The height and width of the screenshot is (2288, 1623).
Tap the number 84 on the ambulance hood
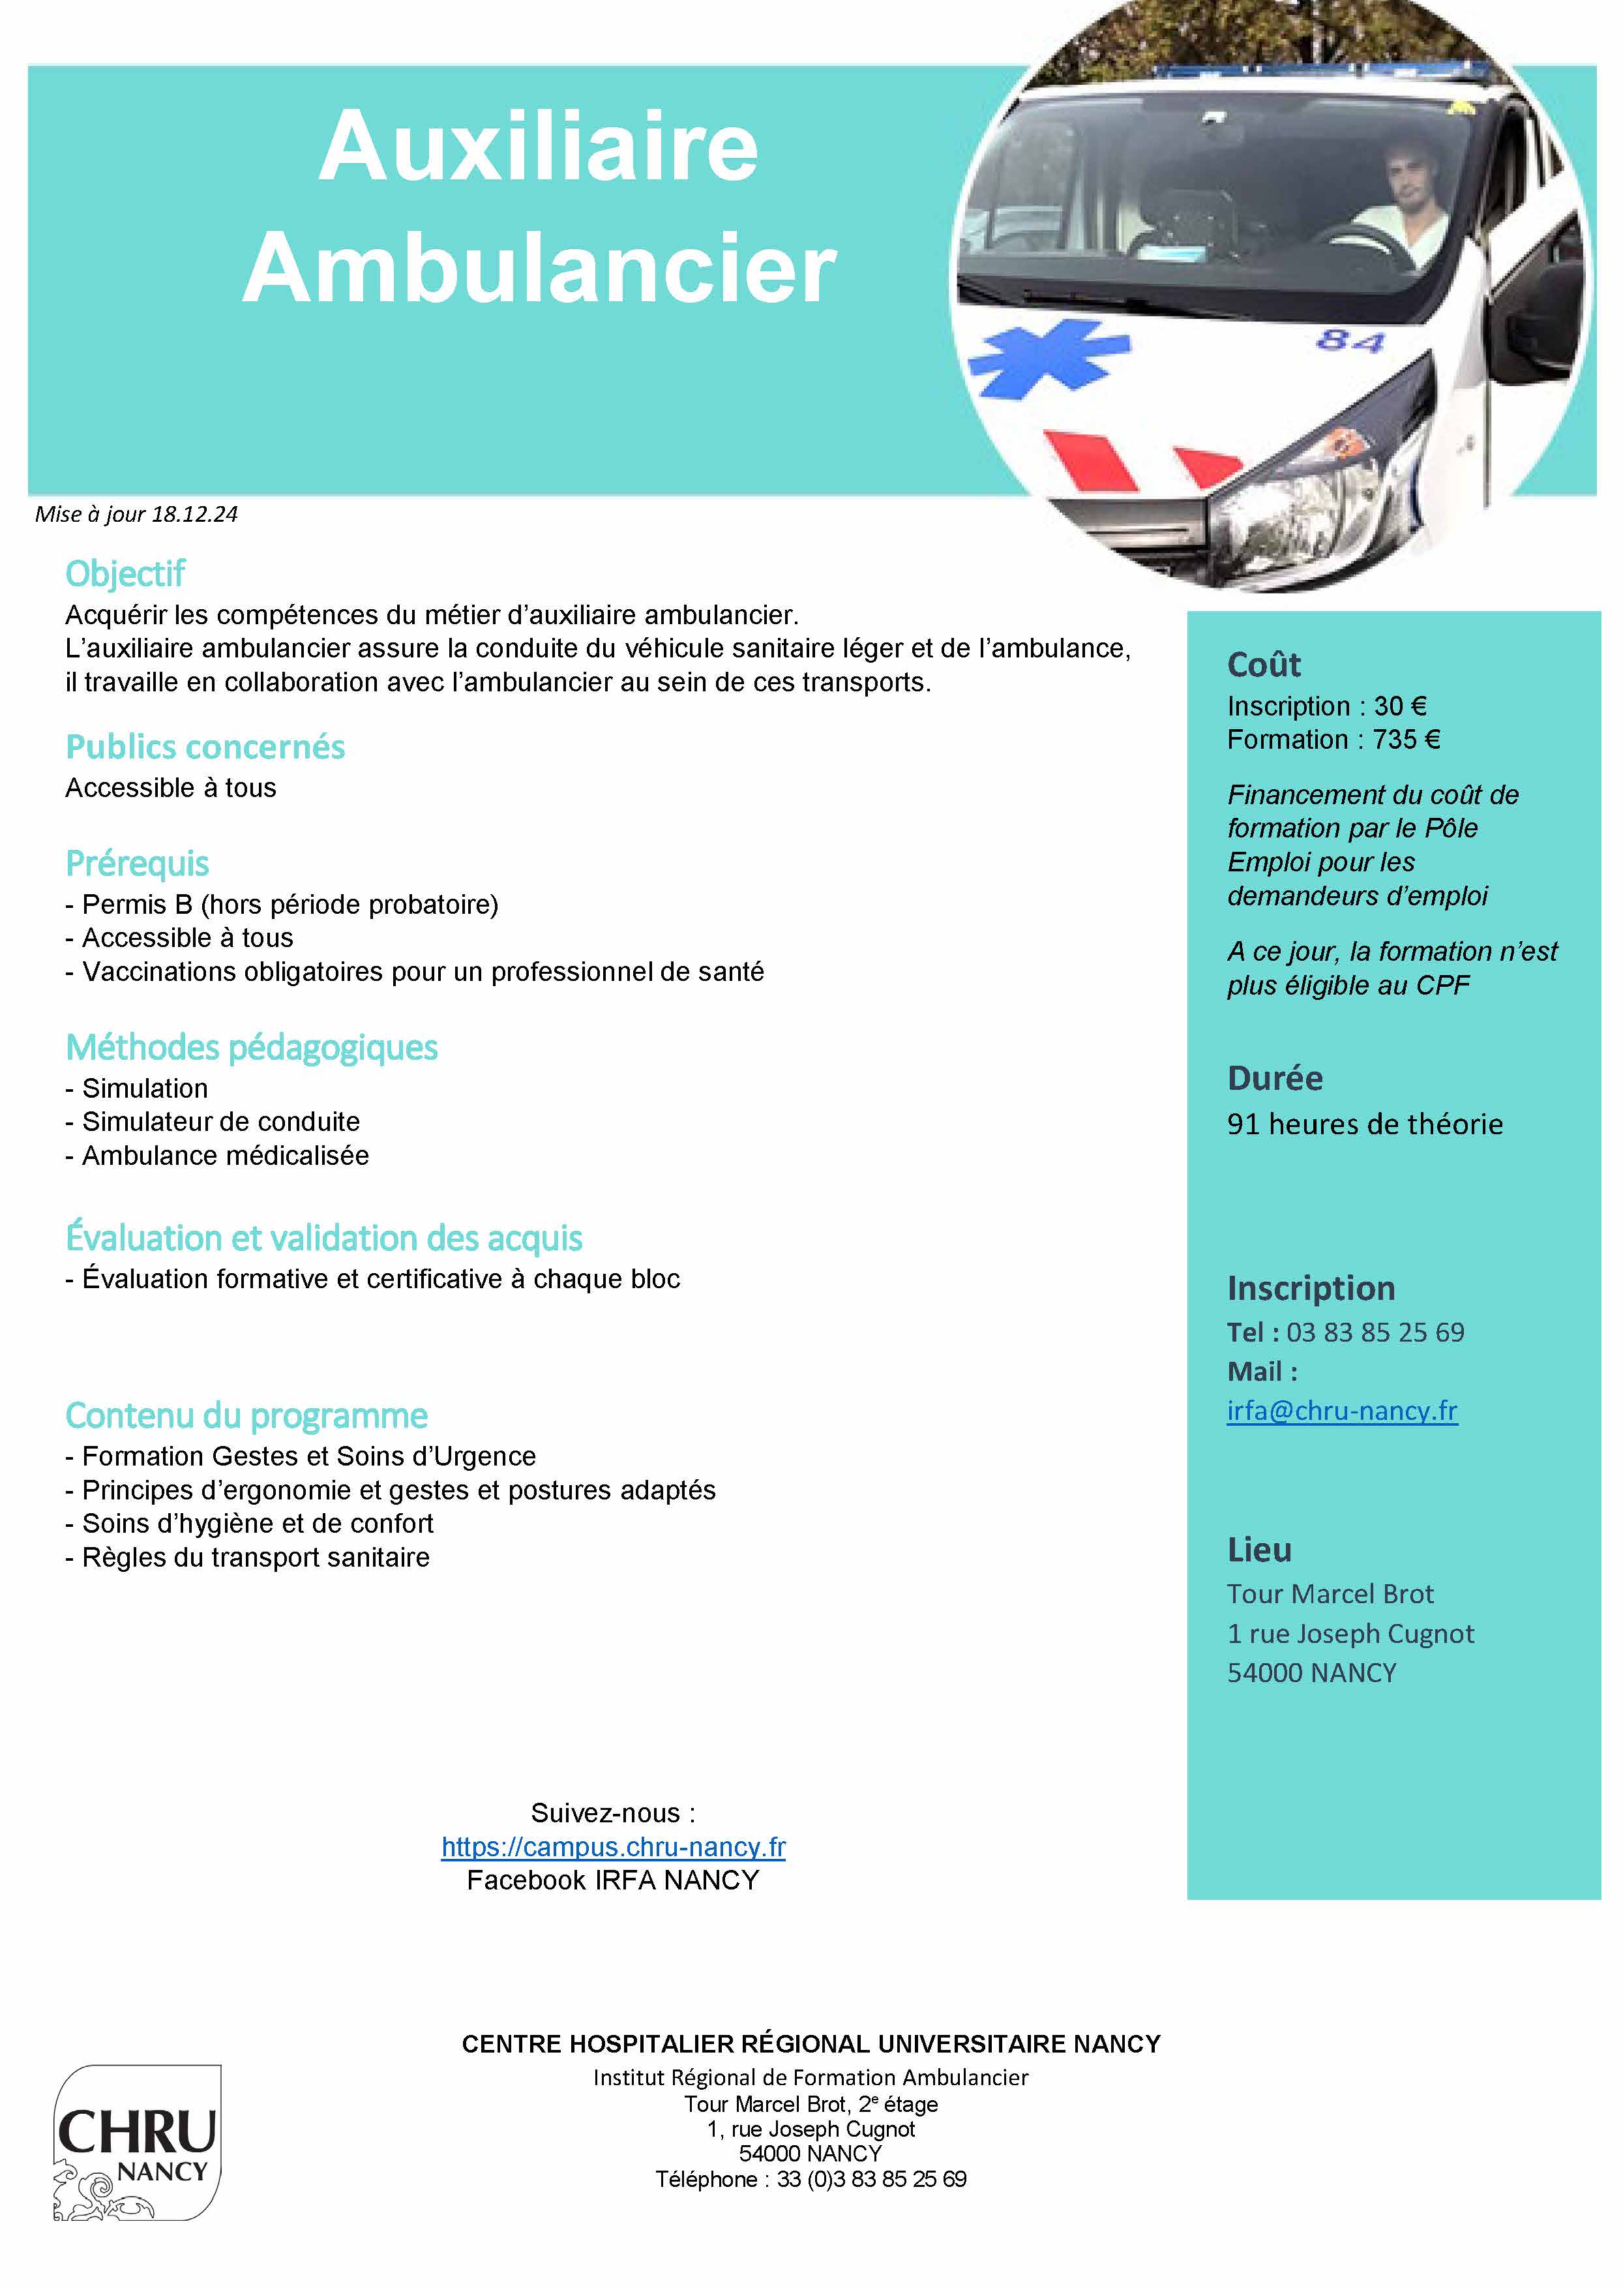point(1349,341)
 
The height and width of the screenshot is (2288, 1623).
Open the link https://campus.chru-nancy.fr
point(614,1846)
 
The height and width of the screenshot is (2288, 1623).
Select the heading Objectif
point(125,574)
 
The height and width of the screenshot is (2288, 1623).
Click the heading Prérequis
point(137,863)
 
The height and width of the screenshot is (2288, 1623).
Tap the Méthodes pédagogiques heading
point(251,1047)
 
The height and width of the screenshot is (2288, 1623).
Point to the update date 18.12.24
point(195,514)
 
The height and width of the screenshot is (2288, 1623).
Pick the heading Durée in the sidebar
point(1274,1077)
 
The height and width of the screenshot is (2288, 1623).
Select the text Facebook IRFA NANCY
point(613,1880)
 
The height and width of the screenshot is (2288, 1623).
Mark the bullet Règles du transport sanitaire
point(255,1558)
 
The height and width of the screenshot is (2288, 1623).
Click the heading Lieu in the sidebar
point(1259,1549)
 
